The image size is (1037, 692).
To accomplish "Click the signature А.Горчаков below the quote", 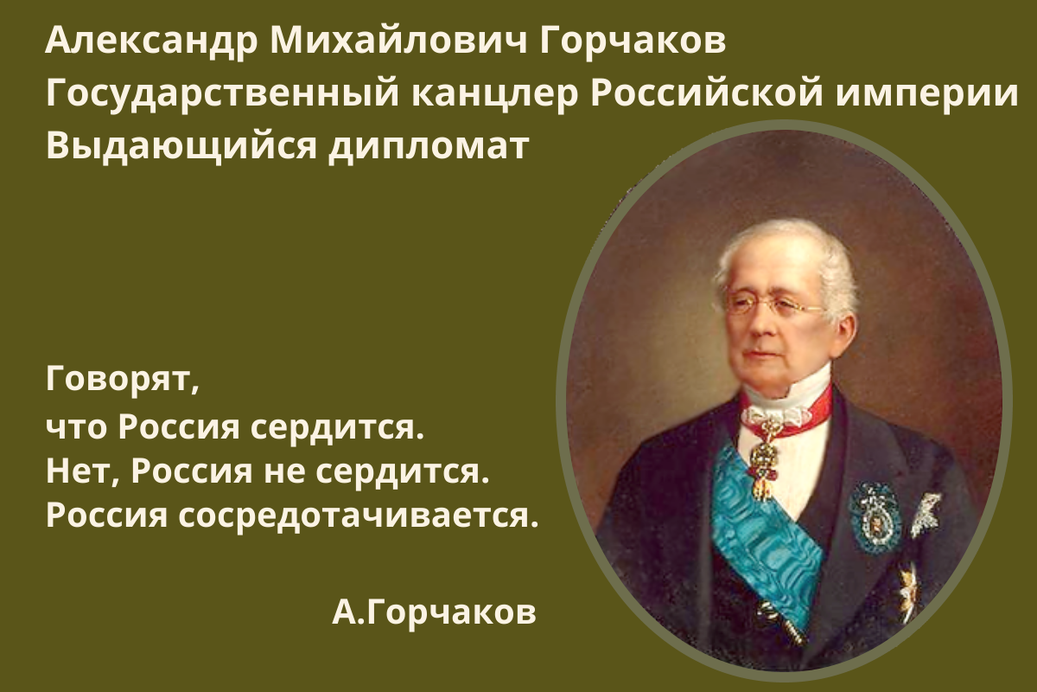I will tap(434, 613).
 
